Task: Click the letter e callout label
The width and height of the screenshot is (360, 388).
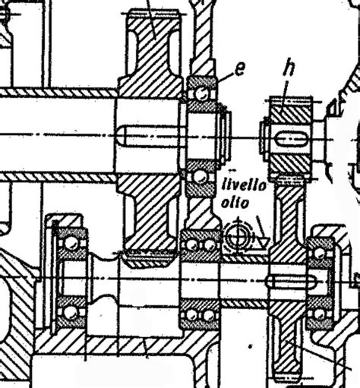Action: coord(240,69)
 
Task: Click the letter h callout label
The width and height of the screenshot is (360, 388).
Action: coord(289,67)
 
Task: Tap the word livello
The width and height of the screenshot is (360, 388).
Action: coord(244,185)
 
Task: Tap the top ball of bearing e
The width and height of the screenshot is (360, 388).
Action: coord(202,94)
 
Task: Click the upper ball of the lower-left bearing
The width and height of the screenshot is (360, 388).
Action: coord(71,243)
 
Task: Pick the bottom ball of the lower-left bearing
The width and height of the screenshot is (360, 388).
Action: coord(70,313)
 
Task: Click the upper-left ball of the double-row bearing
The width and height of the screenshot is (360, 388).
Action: coord(192,244)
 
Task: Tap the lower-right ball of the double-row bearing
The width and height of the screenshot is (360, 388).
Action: coord(209,315)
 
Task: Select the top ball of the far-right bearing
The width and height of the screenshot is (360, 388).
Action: coord(320,254)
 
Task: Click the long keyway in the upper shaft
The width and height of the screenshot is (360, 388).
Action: coord(150,136)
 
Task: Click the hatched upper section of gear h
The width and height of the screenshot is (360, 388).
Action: coord(291,111)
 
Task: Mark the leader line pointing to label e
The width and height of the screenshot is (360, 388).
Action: coord(225,77)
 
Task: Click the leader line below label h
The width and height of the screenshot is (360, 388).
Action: coord(285,90)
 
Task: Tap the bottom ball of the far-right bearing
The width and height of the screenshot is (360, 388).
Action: coord(318,314)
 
